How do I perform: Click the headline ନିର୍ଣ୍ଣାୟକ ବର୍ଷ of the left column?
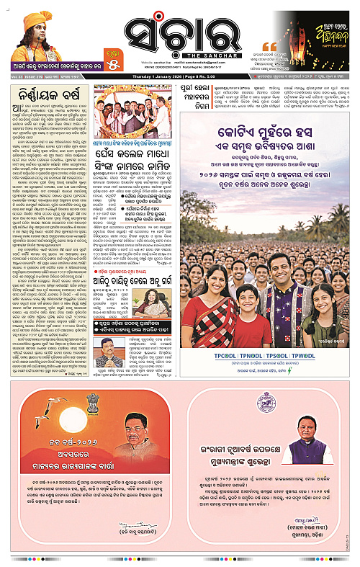coord(48,93)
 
